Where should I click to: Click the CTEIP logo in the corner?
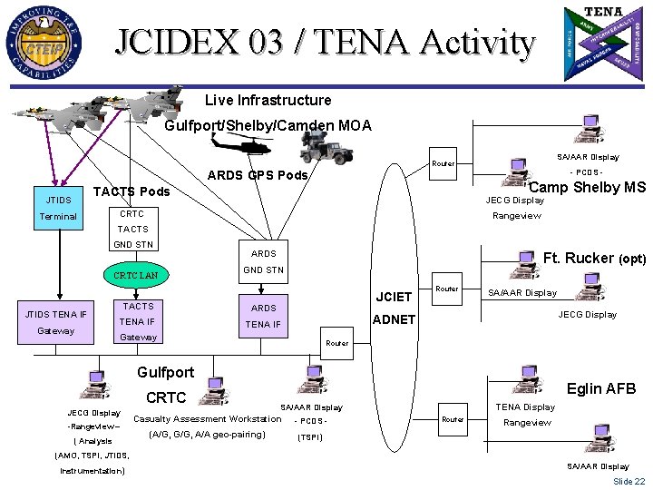(47, 43)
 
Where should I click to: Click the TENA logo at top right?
(604, 44)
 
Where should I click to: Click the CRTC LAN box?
(136, 274)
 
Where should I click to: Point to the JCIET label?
(393, 296)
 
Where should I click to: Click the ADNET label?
(393, 319)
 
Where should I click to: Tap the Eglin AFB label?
(600, 388)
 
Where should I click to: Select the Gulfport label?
(165, 372)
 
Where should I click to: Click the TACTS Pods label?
(132, 191)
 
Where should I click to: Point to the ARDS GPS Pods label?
(258, 174)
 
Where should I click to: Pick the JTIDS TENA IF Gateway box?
(57, 322)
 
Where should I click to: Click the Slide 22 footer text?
(629, 481)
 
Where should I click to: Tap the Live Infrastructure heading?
(268, 100)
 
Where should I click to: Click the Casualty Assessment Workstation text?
(207, 418)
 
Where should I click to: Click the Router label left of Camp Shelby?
(443, 163)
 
